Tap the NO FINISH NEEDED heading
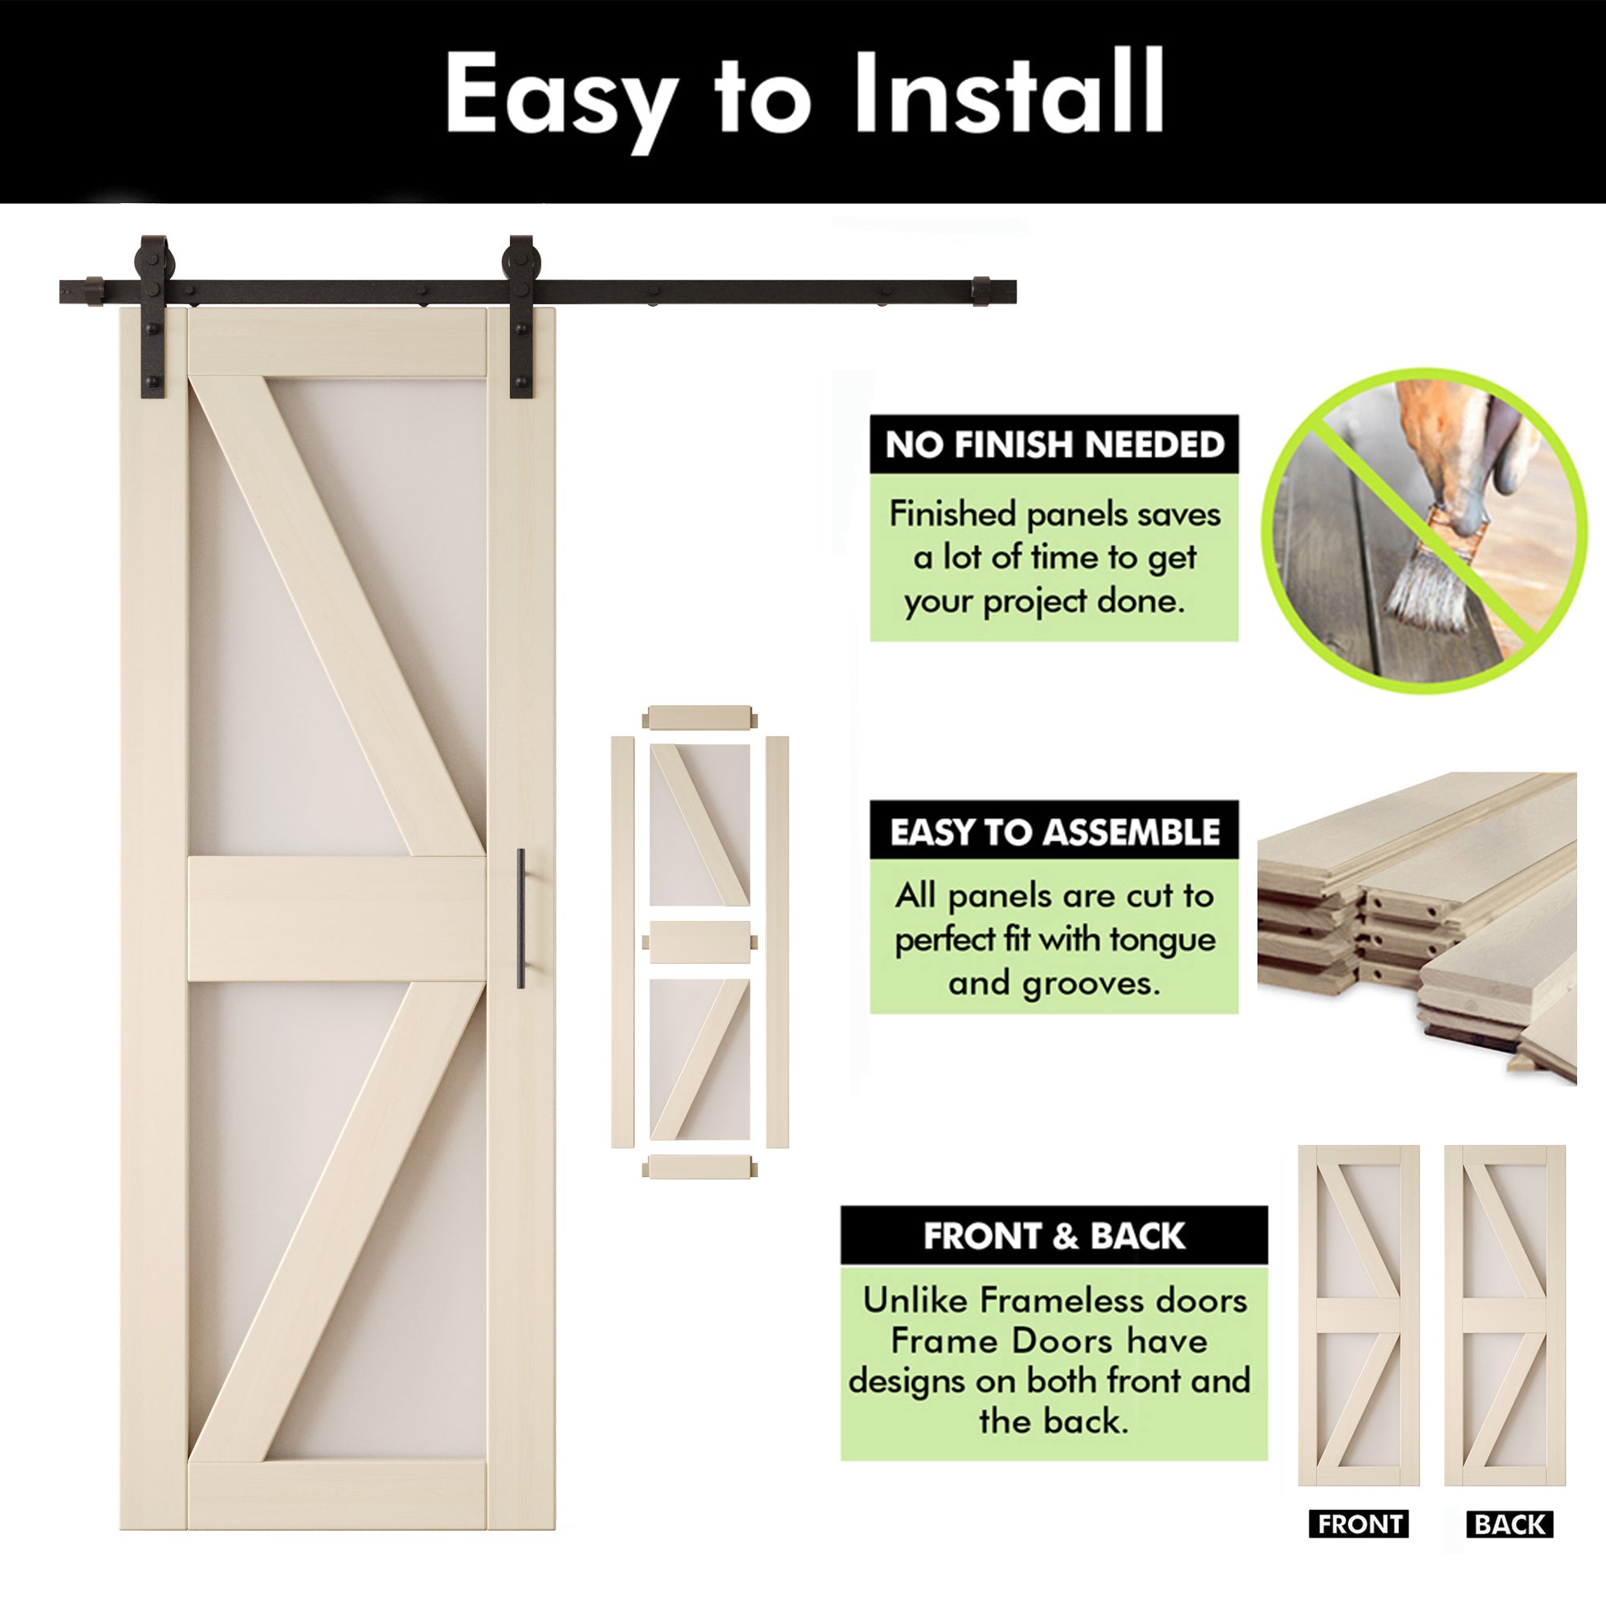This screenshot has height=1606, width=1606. tap(1054, 445)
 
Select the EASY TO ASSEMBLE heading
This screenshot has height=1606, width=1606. tap(1054, 831)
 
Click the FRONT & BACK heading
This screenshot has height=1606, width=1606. tap(1054, 1236)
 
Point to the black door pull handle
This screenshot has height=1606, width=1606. tap(520, 918)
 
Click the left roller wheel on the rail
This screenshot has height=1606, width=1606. tap(155, 257)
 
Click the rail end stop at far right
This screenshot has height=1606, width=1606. tap(982, 291)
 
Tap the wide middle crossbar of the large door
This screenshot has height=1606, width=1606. tap(336, 919)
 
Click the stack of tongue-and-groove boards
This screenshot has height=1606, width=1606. tap(1413, 923)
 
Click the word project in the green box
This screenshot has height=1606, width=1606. tap(1036, 601)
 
